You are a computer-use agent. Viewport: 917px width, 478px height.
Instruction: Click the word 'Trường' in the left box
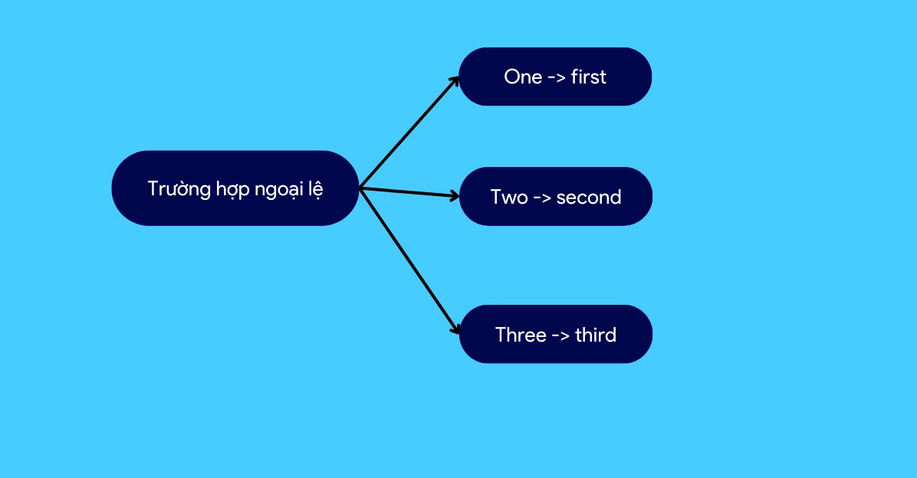pos(179,188)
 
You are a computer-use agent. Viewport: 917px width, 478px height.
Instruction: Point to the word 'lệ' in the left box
pos(317,190)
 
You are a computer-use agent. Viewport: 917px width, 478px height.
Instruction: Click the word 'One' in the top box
pos(523,77)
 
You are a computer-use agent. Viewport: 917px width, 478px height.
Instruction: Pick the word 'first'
pos(588,77)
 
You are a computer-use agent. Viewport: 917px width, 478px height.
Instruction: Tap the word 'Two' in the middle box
pos(509,197)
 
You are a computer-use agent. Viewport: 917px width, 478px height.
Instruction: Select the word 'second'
pos(588,198)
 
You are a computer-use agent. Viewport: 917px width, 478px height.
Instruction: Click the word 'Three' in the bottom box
pos(521,335)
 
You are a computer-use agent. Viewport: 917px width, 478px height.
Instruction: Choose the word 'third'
pos(595,335)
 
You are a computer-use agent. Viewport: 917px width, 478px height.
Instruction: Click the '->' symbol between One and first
pos(556,77)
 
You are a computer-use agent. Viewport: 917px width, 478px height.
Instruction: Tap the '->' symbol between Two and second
pos(542,198)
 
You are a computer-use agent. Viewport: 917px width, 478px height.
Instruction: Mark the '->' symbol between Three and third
pos(560,336)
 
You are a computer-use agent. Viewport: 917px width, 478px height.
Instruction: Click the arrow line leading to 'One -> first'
pos(409,132)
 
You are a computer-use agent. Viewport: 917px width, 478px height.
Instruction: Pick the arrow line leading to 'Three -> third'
pos(409,261)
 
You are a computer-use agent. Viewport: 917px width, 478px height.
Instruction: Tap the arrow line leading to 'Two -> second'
pos(409,192)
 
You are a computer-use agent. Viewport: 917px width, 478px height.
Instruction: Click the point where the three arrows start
pos(360,188)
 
